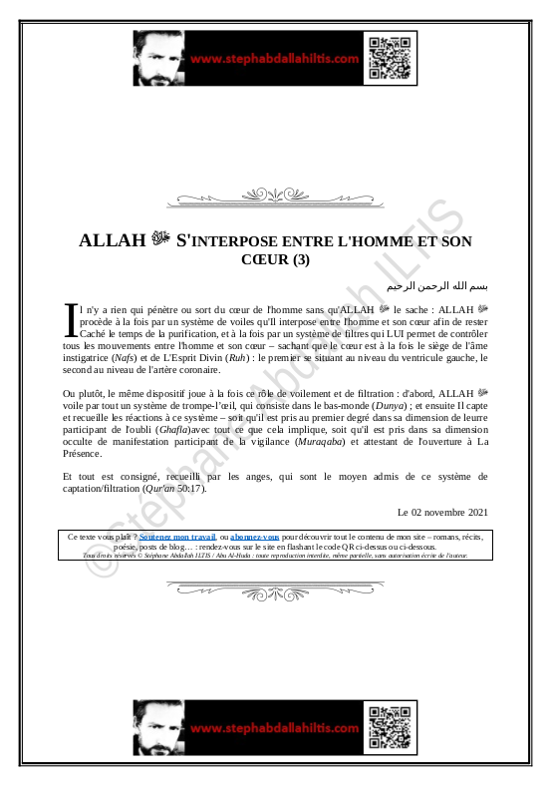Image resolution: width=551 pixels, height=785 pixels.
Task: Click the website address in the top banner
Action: (273, 59)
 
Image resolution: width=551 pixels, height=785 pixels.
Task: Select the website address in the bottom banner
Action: (273, 730)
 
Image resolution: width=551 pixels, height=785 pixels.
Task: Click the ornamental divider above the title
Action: (275, 194)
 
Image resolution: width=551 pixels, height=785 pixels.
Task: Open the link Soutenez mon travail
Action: (179, 537)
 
